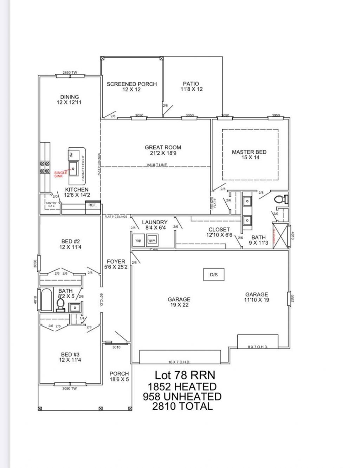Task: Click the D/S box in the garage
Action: [x=214, y=275]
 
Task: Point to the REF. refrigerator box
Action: [x=92, y=205]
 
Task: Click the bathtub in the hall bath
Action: [x=46, y=300]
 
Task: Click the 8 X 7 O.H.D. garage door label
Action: [x=258, y=347]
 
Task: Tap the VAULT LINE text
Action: [x=157, y=165]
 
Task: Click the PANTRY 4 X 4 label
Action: [x=51, y=204]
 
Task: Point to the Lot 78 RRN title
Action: [x=185, y=375]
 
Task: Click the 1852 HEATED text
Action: [x=182, y=386]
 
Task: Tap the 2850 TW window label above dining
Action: [x=70, y=72]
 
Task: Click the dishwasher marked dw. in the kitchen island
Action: [x=71, y=154]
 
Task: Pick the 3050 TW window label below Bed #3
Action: [x=70, y=389]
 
